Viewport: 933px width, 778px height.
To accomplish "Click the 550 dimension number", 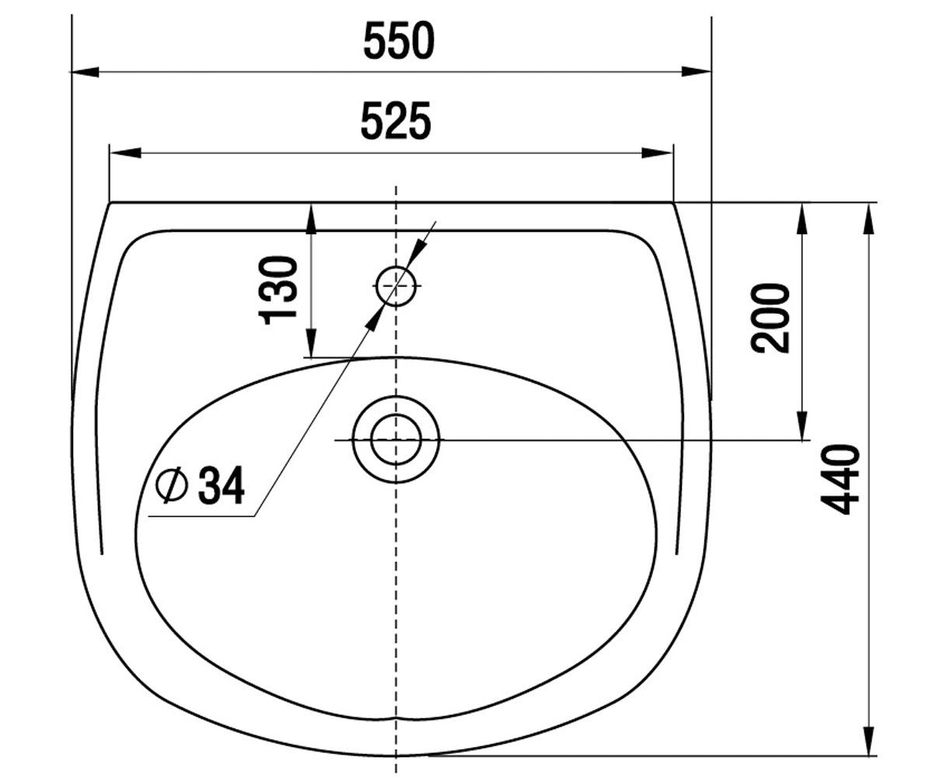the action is coord(399,40).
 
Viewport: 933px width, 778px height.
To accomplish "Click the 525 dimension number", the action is coord(396,121).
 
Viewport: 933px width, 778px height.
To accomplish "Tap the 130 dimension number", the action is coord(278,289).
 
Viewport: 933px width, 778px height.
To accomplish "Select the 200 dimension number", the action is coord(770,318).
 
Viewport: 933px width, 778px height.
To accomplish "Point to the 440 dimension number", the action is coord(840,479).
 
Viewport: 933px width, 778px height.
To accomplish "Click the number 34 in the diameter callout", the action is coord(221,485).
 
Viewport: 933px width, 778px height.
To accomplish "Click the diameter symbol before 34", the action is coord(171,485).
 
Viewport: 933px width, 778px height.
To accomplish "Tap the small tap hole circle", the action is coord(396,286).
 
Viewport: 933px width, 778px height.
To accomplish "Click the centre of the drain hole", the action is coord(396,440).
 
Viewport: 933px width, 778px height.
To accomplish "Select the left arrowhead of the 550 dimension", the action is coord(85,72).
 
